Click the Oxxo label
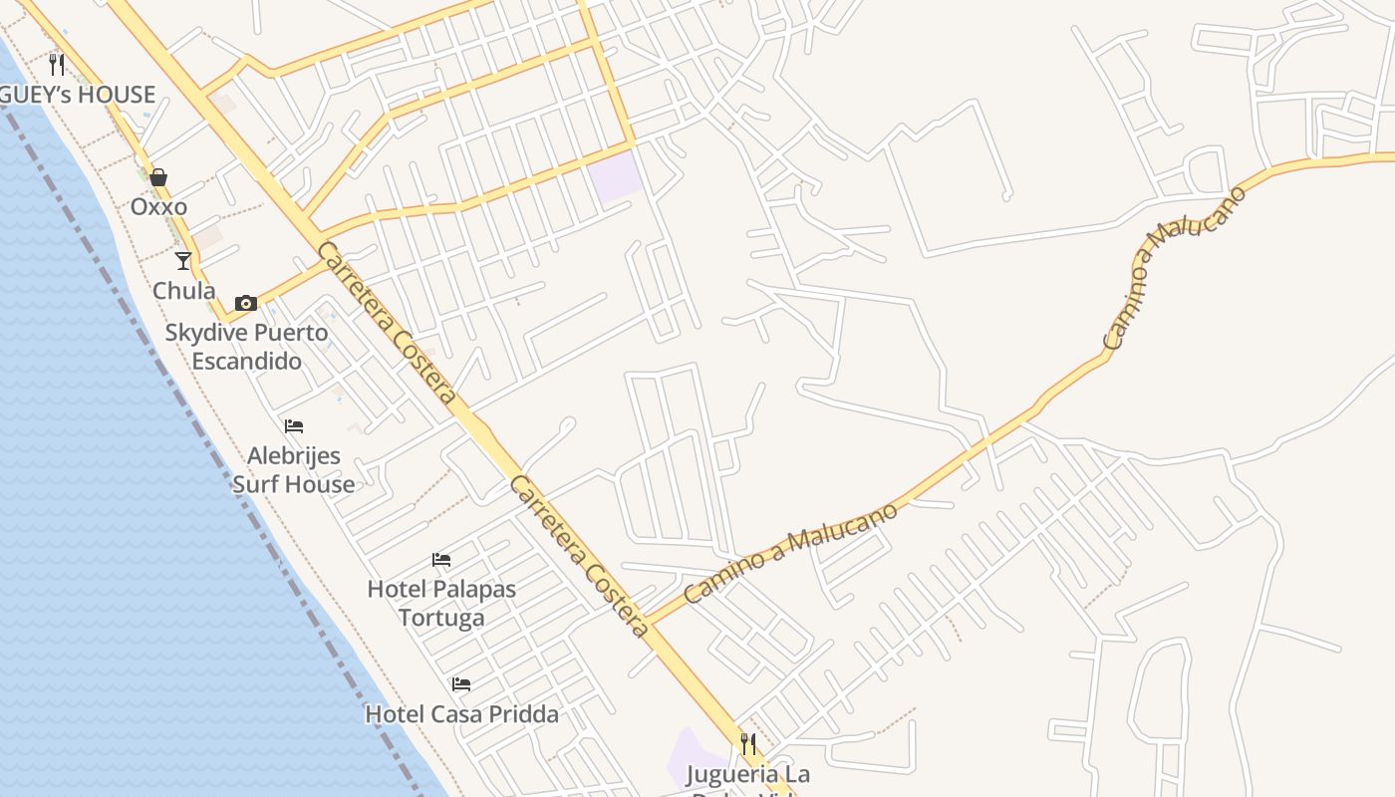(158, 207)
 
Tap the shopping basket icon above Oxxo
(158, 178)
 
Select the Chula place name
(183, 291)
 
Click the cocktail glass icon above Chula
(183, 261)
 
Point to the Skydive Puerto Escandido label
(246, 347)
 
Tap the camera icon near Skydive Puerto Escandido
(246, 303)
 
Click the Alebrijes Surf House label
(293, 470)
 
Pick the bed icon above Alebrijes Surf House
(293, 426)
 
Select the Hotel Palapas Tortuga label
(441, 603)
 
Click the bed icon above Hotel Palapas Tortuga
(441, 559)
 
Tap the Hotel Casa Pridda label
(461, 714)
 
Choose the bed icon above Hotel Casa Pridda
(461, 684)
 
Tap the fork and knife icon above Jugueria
(747, 743)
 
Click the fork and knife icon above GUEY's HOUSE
(57, 65)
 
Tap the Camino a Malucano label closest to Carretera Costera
(791, 553)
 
